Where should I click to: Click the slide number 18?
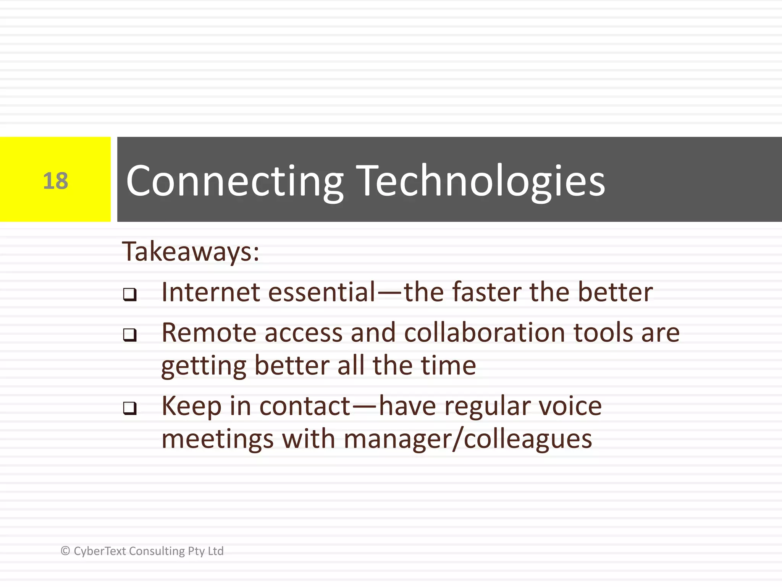click(55, 181)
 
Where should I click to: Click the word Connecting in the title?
click(234, 181)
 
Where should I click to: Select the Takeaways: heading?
click(191, 252)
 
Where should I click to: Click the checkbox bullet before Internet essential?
click(130, 295)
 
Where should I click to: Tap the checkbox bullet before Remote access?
click(130, 335)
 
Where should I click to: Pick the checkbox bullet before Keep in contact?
click(130, 409)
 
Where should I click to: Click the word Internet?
click(211, 292)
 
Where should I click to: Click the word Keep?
click(191, 406)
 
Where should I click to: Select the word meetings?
click(217, 439)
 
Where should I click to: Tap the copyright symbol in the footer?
click(65, 551)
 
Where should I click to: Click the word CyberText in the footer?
click(100, 551)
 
